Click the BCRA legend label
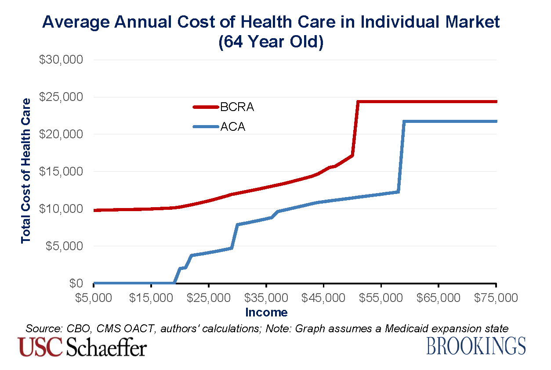(237, 107)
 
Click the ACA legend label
(233, 127)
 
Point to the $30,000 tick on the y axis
(61, 60)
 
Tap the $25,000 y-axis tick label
(61, 97)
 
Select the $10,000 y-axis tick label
(61, 209)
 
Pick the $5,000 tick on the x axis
(94, 298)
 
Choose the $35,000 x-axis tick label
(266, 298)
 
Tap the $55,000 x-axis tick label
(381, 298)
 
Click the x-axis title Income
(266, 313)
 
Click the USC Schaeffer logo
(82, 347)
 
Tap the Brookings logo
(476, 346)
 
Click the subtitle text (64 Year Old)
(271, 43)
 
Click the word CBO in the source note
(80, 328)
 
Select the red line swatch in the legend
(206, 107)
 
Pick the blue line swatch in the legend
(206, 127)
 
